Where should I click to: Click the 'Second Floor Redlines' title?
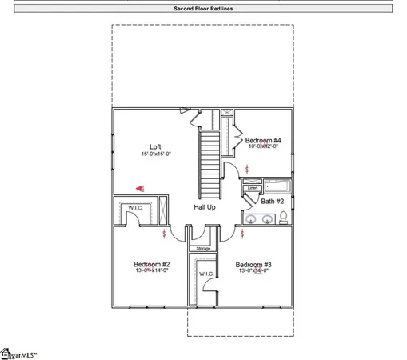203,9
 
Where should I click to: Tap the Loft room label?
155,146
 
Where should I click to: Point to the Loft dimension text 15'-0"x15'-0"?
155,154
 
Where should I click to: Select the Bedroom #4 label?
262,139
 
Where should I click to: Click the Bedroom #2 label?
151,264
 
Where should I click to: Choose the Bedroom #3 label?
253,264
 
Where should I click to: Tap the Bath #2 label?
272,201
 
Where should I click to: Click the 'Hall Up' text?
205,207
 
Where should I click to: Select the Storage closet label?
204,248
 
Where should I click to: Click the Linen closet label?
252,188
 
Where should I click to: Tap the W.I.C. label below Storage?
204,275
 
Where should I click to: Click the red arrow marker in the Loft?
139,188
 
